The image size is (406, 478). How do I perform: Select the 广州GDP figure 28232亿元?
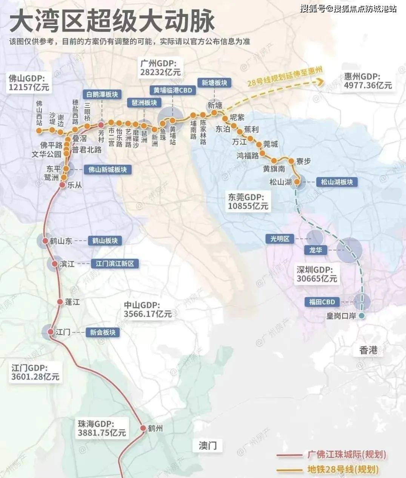point(160,72)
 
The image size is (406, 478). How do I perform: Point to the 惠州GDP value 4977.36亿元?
point(368,85)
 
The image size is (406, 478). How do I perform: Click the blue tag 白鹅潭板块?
point(102,94)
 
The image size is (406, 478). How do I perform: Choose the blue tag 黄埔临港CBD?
point(172,90)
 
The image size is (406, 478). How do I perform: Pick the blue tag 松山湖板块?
point(337,182)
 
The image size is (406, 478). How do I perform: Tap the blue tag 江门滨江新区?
point(115,263)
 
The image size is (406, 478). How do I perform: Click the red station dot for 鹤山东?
point(45,241)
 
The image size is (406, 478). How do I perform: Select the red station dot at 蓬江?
point(60,302)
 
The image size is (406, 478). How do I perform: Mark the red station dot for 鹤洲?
point(143,428)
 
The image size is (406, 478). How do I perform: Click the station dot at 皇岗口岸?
point(362,316)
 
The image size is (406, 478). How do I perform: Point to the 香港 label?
point(368,350)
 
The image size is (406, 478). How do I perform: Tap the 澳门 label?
point(208,446)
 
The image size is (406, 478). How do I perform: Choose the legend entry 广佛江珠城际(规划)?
point(347,455)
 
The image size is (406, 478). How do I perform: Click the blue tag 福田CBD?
point(322,302)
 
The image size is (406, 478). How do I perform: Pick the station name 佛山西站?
point(39,113)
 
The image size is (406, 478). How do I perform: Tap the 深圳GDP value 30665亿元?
point(317,279)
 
